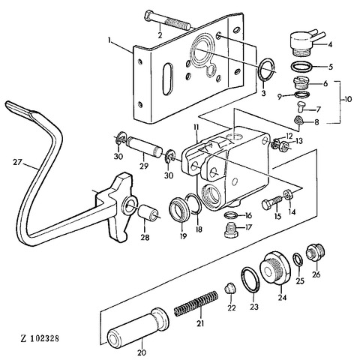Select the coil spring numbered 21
point(196,304)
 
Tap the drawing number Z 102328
point(40,339)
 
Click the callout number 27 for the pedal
point(17,163)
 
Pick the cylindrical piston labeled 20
point(138,325)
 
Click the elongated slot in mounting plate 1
point(167,79)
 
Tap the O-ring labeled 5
point(301,67)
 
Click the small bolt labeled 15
point(272,202)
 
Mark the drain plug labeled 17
point(230,230)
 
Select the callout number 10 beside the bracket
point(346,99)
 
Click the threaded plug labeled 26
point(316,252)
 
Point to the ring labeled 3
point(265,69)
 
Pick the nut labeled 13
point(283,145)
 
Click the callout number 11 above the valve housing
point(196,127)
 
